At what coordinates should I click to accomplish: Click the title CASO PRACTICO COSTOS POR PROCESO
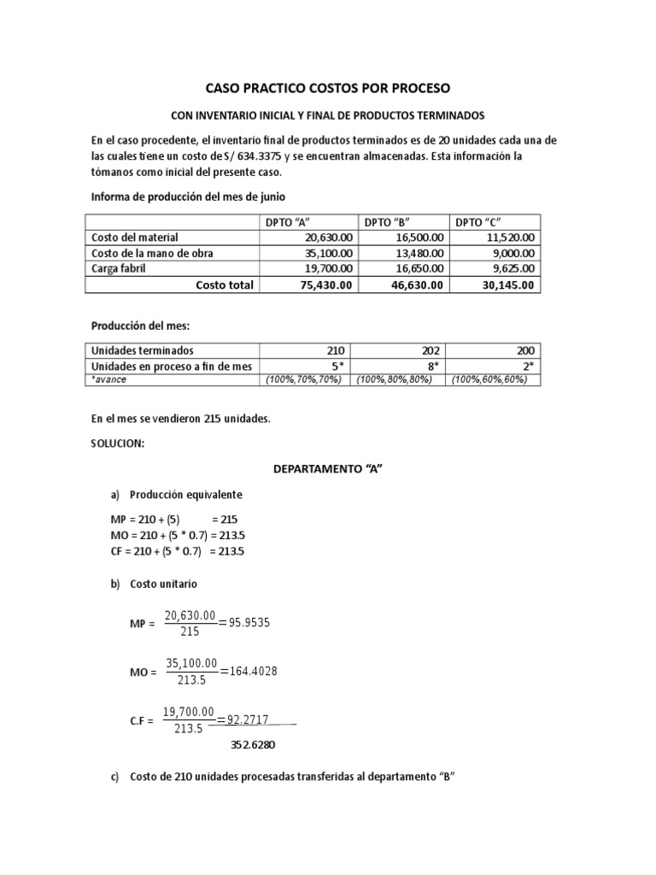click(x=328, y=88)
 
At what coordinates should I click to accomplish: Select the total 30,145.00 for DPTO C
click(x=507, y=285)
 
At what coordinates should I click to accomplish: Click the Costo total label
click(x=224, y=285)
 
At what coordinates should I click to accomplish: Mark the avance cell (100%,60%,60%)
click(x=490, y=379)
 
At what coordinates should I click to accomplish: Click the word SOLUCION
click(x=118, y=444)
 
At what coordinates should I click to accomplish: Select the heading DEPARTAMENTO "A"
click(x=327, y=469)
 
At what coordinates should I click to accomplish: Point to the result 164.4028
click(x=249, y=672)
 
